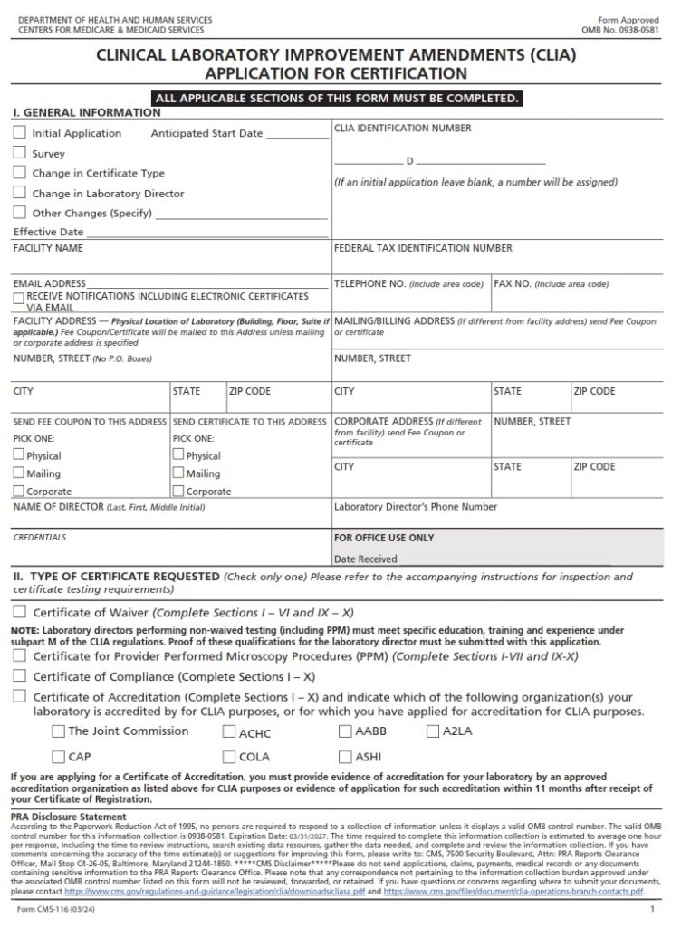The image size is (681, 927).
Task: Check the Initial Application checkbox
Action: (20, 132)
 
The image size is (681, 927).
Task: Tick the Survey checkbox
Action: (20, 152)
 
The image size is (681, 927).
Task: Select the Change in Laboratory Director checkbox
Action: (20, 192)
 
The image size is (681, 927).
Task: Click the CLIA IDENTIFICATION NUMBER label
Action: (402, 129)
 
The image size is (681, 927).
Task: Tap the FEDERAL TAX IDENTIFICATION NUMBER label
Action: (423, 248)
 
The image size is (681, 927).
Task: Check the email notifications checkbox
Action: (19, 298)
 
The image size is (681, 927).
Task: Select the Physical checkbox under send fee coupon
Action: (19, 455)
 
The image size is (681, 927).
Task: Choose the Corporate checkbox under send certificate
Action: (178, 491)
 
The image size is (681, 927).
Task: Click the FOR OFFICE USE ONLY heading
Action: (384, 538)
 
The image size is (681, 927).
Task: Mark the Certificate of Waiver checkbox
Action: (20, 611)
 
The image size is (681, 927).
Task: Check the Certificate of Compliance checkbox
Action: (20, 675)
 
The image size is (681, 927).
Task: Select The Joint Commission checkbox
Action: (59, 731)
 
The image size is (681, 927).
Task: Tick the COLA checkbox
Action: (229, 756)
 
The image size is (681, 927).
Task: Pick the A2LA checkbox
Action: (432, 731)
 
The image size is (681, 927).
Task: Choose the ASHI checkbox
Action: (345, 756)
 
